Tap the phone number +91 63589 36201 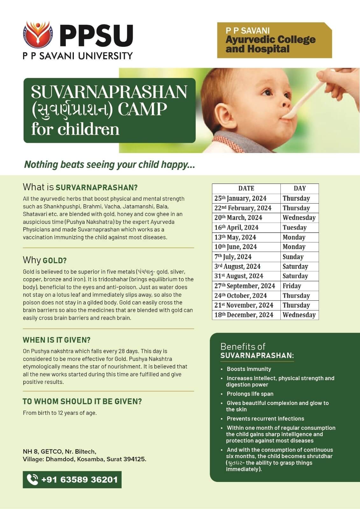[x=79, y=479]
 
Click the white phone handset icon [x=32, y=479]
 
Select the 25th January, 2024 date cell [x=240, y=199]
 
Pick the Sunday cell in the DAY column [x=293, y=257]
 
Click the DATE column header [x=246, y=188]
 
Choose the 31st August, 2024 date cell [x=239, y=276]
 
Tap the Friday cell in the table [x=292, y=286]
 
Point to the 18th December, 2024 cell [x=244, y=315]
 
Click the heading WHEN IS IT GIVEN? [x=57, y=340]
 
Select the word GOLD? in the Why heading [x=55, y=261]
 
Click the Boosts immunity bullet [x=249, y=369]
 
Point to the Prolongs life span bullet [x=250, y=394]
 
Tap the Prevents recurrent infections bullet [x=265, y=419]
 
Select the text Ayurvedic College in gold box [x=271, y=40]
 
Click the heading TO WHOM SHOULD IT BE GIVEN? [x=82, y=401]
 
